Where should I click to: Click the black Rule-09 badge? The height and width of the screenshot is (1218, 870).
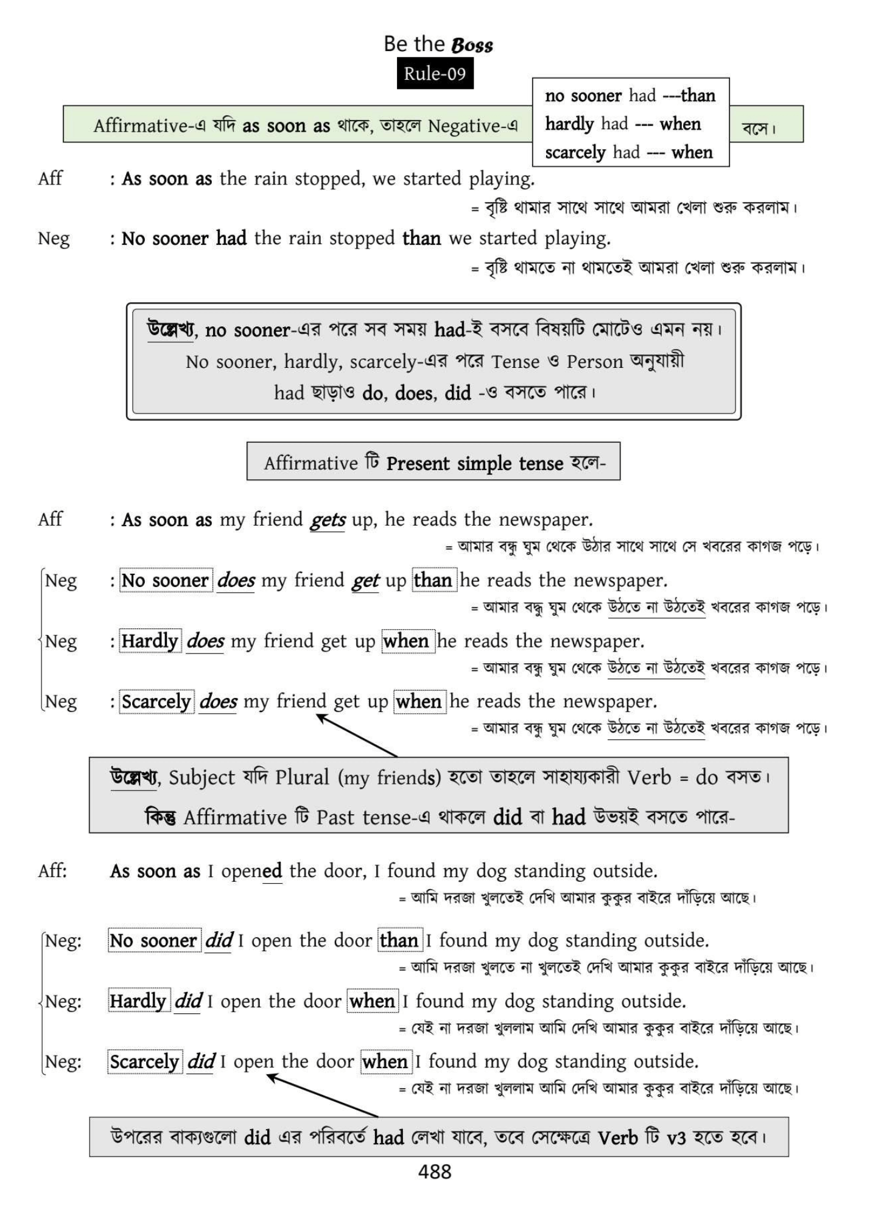tap(435, 74)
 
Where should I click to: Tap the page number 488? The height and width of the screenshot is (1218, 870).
tap(435, 1171)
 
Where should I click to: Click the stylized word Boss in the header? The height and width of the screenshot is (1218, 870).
tap(472, 45)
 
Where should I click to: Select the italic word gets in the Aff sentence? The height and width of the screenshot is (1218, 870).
tap(328, 520)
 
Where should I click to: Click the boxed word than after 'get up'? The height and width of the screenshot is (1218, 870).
tap(433, 580)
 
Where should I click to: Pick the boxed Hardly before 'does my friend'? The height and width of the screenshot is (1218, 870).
tap(150, 641)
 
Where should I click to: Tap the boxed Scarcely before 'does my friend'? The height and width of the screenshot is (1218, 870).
tap(156, 702)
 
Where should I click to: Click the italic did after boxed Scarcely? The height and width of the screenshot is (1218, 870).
tap(201, 1061)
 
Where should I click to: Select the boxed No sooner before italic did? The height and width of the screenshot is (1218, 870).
tap(154, 941)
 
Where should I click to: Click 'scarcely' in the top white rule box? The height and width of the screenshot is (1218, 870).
tap(575, 152)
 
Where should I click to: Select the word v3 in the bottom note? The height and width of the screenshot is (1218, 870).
tap(676, 1138)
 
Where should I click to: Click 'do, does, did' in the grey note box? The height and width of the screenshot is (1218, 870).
tap(416, 393)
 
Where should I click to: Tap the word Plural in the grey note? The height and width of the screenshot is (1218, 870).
tap(303, 778)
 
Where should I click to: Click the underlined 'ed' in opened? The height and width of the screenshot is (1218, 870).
tap(272, 871)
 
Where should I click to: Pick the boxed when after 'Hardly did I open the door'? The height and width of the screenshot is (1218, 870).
tap(373, 1001)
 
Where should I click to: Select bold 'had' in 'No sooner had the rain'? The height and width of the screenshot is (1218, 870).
tap(231, 238)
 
